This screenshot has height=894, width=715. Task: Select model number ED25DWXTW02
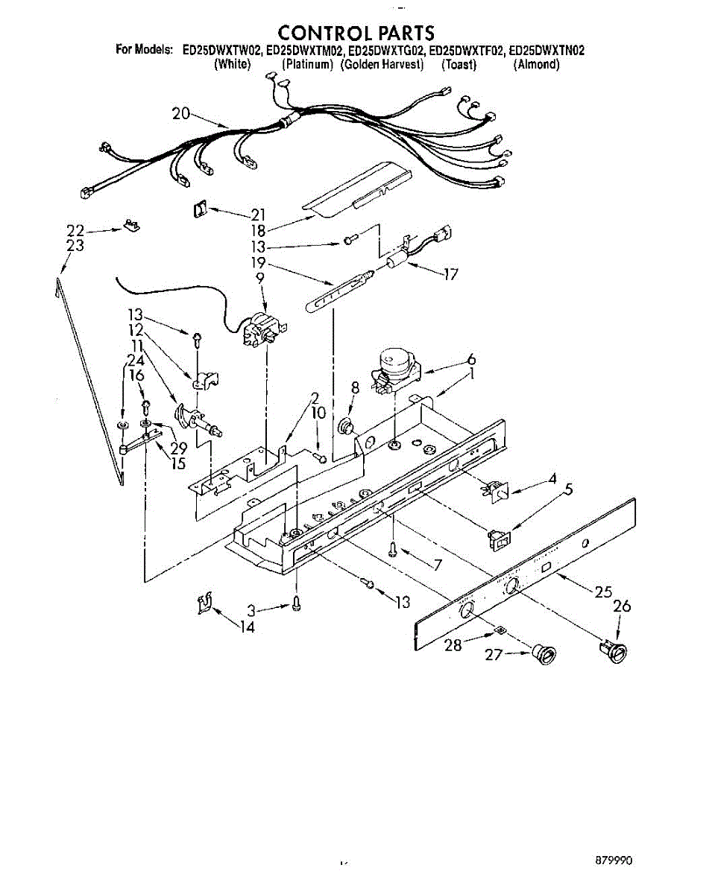point(221,51)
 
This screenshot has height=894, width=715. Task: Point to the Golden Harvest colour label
point(382,65)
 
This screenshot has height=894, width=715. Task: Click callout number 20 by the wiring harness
point(181,114)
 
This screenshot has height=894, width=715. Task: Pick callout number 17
point(450,274)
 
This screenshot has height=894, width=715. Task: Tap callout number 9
point(259,278)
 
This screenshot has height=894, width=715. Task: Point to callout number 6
point(471,360)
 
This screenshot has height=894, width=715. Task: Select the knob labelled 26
point(617,650)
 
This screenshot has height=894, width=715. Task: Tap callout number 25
point(605,593)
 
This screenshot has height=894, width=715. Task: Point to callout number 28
point(453,645)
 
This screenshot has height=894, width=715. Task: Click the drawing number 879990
point(614,860)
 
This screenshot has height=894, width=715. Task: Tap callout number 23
point(75,247)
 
